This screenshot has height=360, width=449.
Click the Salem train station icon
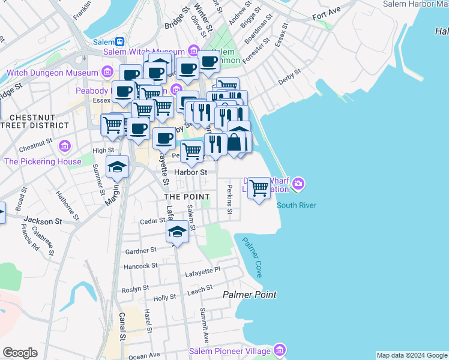point(120,42)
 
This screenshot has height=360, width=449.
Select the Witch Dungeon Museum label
point(52,73)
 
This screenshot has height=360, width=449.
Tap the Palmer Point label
point(250,295)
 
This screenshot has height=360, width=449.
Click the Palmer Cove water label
point(252,257)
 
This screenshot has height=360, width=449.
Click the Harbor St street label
point(190,172)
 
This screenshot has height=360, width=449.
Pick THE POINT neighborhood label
point(187,197)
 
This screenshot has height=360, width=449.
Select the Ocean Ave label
point(144,356)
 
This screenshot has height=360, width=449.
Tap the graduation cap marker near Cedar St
point(177,232)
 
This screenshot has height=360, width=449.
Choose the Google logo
point(20,353)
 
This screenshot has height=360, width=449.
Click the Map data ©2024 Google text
point(412,355)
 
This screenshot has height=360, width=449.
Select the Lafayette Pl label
point(204,271)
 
